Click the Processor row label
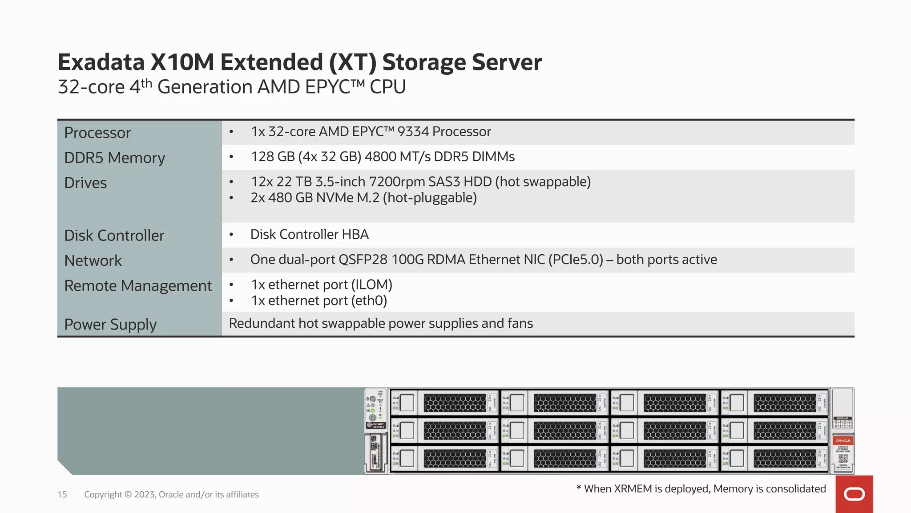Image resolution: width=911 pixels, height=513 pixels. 97,133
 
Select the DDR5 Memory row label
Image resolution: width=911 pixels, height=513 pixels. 114,158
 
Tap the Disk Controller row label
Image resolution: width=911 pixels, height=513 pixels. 114,236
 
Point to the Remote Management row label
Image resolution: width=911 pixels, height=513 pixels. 138,286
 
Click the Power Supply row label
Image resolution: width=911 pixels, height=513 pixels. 110,325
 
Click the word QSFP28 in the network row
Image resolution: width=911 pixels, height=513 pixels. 363,260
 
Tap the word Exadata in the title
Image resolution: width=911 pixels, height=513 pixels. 101,62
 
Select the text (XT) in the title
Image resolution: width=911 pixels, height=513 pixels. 353,62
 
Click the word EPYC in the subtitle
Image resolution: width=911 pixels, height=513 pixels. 327,87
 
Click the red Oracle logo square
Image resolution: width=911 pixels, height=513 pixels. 854,494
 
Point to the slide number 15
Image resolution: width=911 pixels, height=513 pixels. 62,495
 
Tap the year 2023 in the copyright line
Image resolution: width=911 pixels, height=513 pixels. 145,495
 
